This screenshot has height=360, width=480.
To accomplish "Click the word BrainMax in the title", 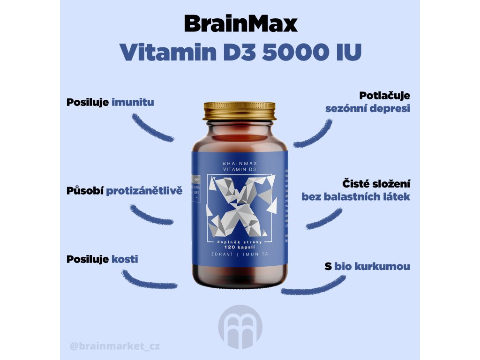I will pos(240,23).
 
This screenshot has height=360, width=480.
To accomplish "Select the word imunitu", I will pos(133,102).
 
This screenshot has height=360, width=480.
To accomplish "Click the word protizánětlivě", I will pos(144,191).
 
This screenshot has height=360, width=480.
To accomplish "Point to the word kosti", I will pos(125,259).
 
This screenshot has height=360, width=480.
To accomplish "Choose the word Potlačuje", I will pos(385,96).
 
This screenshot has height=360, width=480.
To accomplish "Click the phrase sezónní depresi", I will pos(368,108).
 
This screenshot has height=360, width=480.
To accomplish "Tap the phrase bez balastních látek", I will pos(356,196).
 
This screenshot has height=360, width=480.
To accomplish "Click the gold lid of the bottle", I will pos(240,110).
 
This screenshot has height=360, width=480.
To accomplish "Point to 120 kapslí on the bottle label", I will pos(240,246).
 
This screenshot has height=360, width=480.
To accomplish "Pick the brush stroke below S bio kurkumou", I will pos(313,286).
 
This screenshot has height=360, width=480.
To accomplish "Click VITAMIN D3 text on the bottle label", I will pos(240,169).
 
